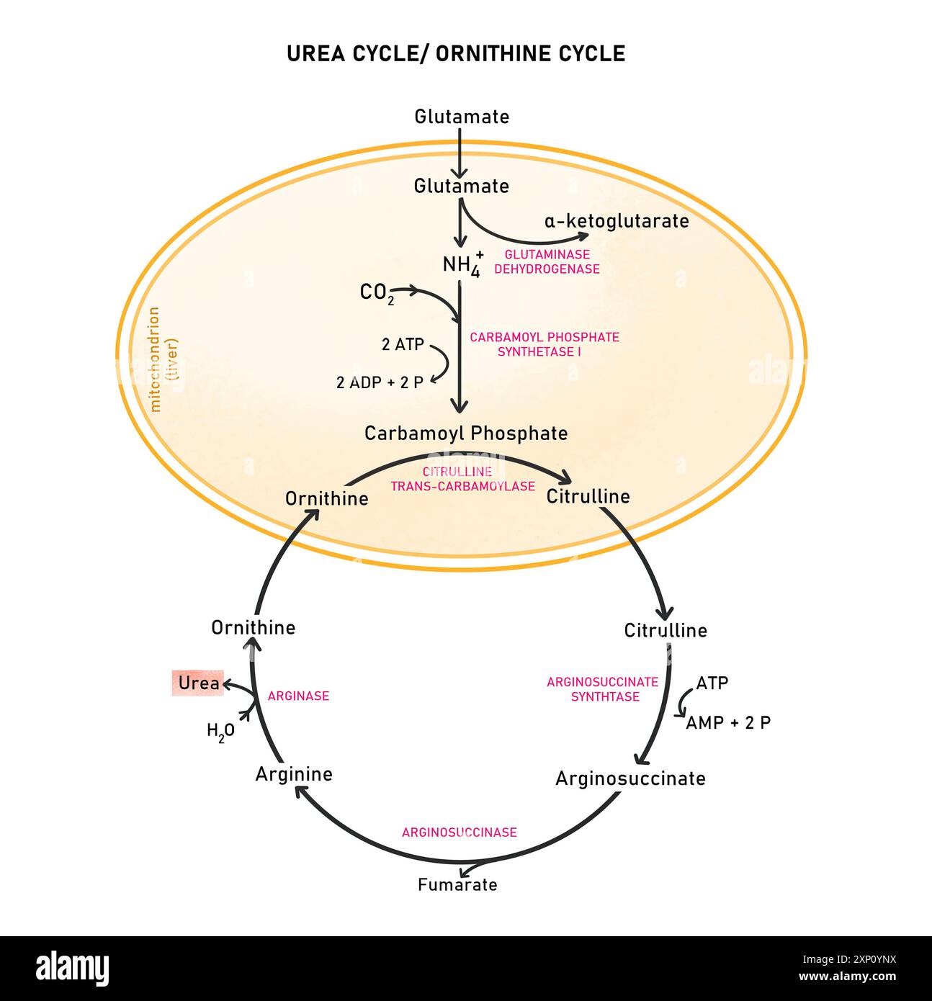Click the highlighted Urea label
pos(197,683)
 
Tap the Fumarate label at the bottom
pos(457,884)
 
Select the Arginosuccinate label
pos(630,778)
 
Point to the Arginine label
pos(294,774)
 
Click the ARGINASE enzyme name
pos(298,696)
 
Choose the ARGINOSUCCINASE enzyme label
pos(459,832)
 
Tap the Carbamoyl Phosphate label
pos(466,434)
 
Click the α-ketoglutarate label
pos(617,221)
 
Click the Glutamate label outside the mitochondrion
pos(462,117)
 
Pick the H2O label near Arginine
pos(220,732)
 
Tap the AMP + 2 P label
pos(727,723)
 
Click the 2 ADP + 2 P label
pos(380,382)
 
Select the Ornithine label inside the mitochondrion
pos(326,498)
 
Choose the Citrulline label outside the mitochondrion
pos(666,631)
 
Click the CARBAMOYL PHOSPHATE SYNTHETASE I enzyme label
pos(544,344)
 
